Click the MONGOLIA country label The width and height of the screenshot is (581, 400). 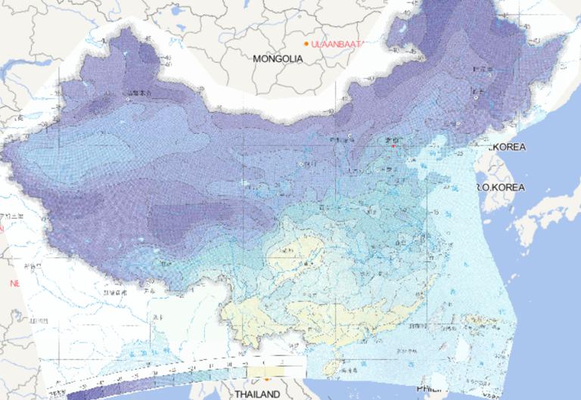coord(278,58)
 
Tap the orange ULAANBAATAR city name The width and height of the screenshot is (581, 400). coord(337,44)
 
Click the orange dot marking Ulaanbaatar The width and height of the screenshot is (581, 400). coord(306,44)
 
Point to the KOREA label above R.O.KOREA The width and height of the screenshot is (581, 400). coord(507,147)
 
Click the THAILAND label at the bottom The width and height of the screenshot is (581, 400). coord(256,394)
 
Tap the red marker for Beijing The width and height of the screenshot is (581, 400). coord(393,147)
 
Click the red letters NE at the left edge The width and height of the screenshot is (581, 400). coord(14,283)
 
